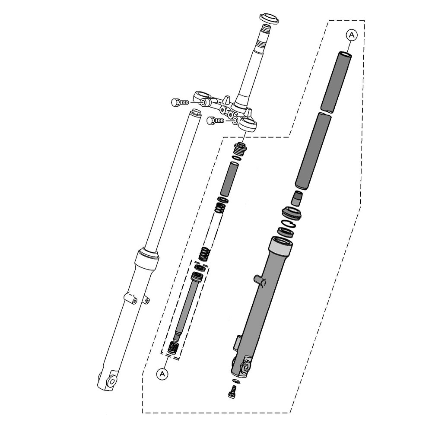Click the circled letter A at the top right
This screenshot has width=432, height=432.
click(x=352, y=35)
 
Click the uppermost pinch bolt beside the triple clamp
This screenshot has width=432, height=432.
click(x=178, y=103)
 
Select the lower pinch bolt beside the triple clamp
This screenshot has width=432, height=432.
click(x=214, y=121)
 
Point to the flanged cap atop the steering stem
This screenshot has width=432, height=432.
click(x=268, y=19)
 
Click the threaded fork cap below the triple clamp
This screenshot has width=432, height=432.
click(x=239, y=149)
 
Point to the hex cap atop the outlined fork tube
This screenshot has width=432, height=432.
click(x=196, y=113)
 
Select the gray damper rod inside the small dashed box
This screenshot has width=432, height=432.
click(x=185, y=307)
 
